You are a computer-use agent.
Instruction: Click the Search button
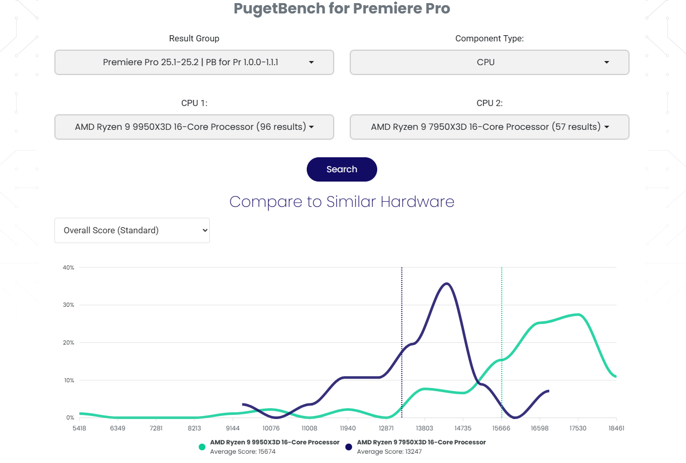point(341,169)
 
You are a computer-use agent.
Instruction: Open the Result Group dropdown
point(194,63)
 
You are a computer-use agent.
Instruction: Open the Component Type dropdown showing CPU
point(489,63)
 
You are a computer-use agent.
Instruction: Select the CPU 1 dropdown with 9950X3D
point(194,127)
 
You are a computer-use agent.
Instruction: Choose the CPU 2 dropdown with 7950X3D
point(489,127)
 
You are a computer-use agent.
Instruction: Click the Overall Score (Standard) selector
point(132,230)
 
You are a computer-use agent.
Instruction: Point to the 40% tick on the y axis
point(69,267)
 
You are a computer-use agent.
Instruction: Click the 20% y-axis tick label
point(69,342)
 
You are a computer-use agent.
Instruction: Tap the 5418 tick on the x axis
point(79,428)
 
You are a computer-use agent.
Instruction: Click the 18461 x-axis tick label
point(616,428)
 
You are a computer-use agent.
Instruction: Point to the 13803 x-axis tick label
point(424,428)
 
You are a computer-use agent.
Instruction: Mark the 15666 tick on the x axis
point(501,428)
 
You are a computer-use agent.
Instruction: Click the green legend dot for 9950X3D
point(202,447)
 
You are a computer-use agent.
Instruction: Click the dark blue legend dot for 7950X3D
point(349,447)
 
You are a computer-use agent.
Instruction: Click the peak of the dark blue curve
point(447,283)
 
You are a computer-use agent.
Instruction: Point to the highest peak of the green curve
point(578,315)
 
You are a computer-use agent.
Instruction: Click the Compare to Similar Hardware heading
point(341,201)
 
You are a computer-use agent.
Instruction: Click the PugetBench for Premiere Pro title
point(341,9)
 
